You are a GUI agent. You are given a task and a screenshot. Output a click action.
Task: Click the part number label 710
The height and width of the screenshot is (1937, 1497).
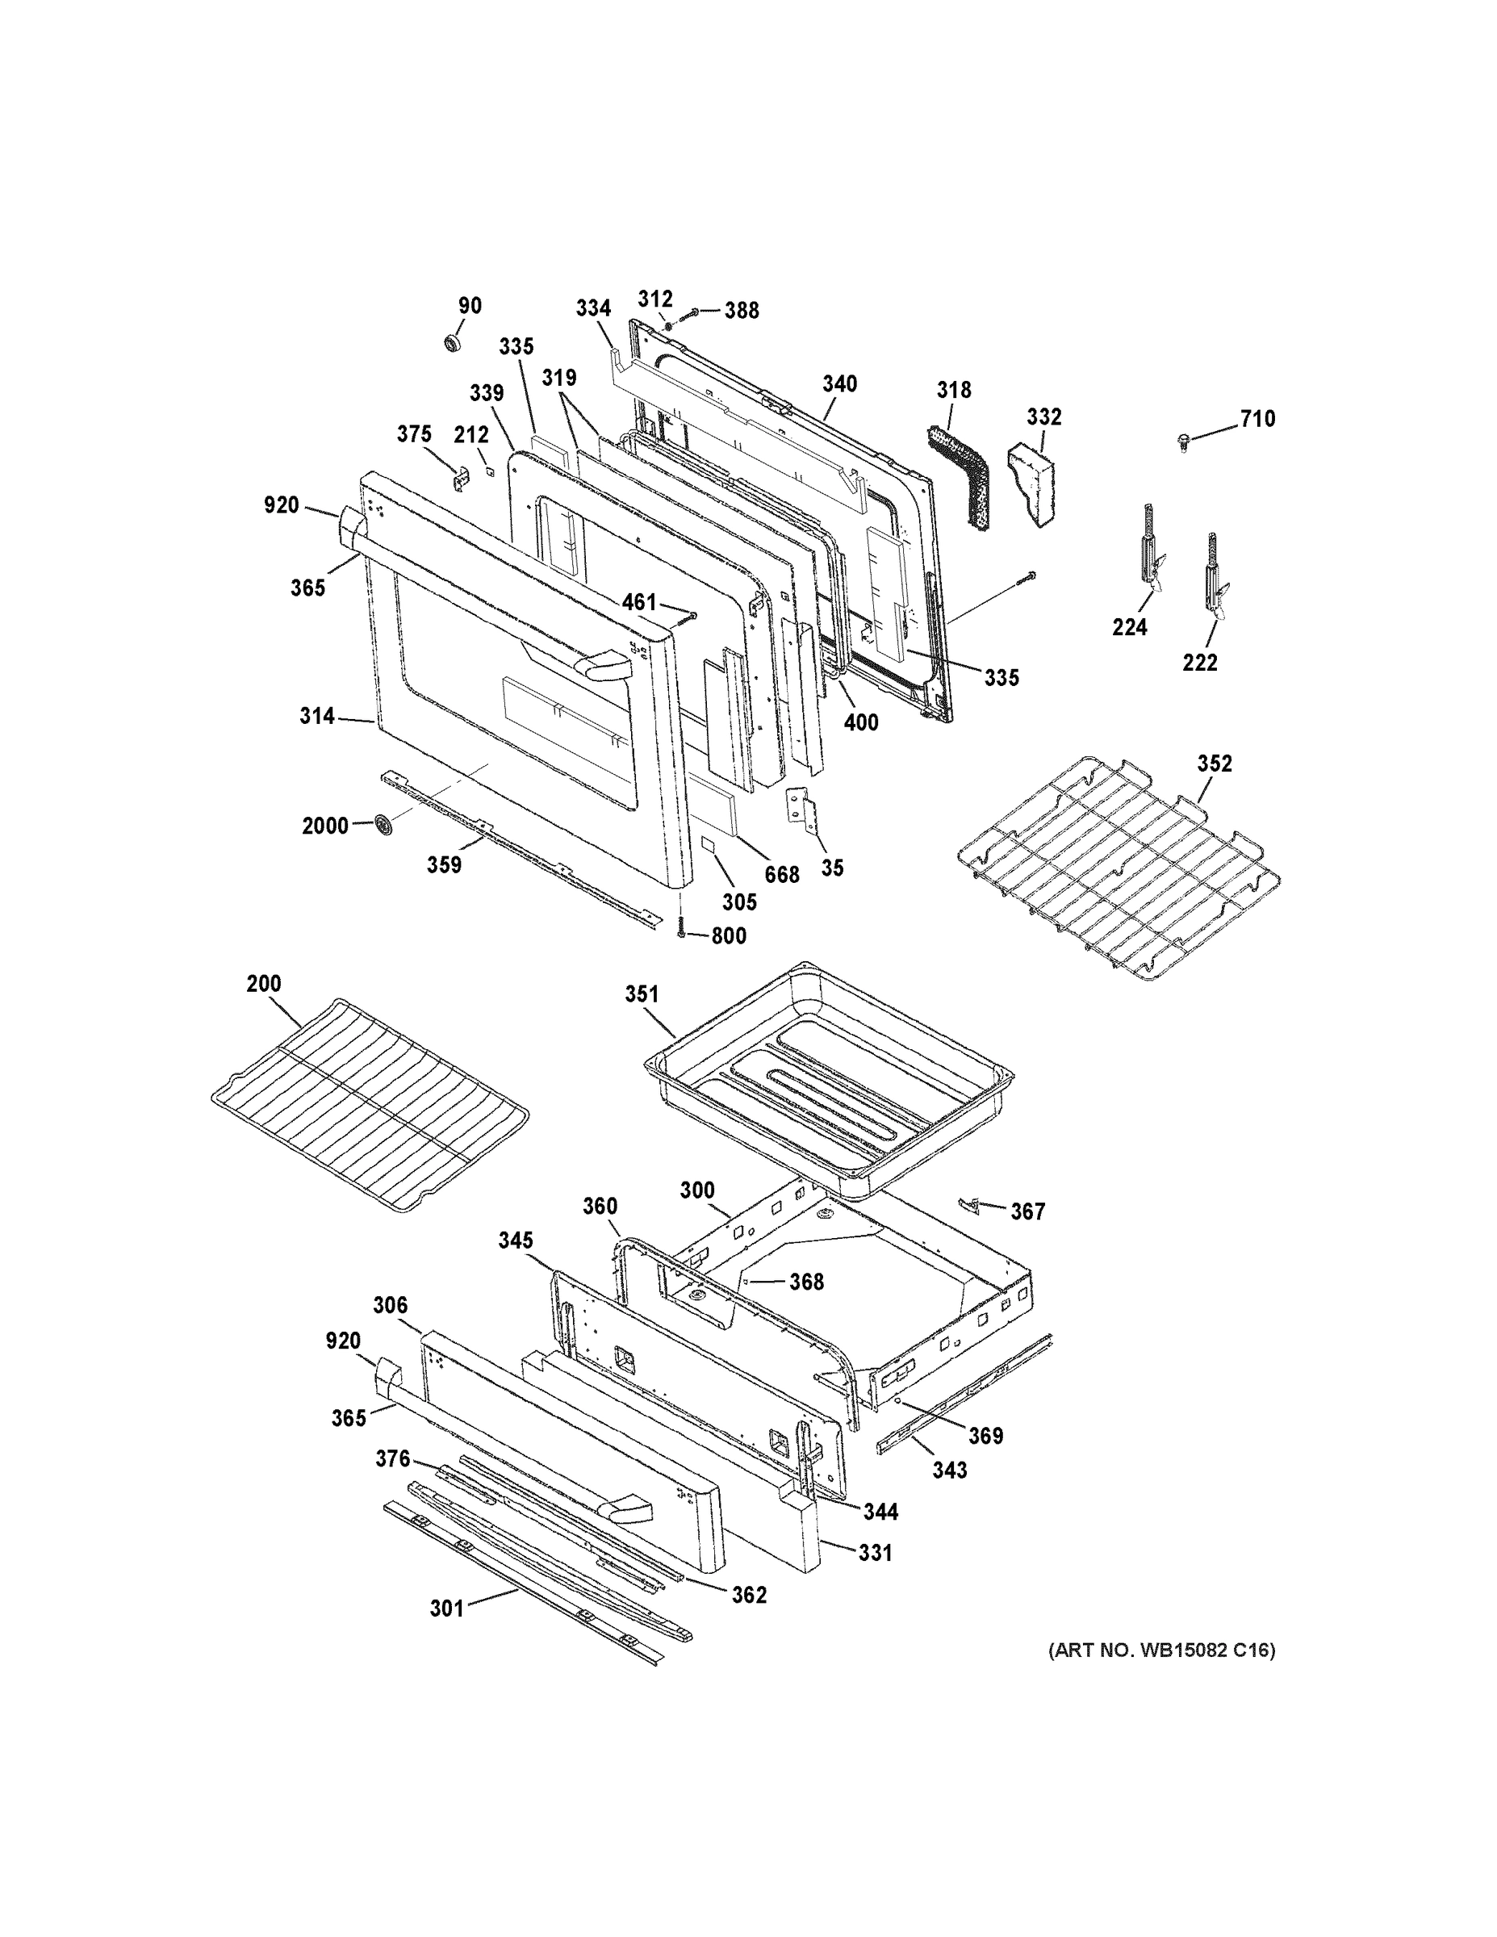point(1257,419)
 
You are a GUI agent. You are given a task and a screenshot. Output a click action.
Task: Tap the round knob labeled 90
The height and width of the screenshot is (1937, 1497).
point(454,343)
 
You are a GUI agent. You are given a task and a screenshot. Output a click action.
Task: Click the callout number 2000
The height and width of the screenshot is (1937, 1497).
point(324,826)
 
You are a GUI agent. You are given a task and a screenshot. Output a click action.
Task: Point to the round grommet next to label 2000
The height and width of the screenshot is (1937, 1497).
point(384,824)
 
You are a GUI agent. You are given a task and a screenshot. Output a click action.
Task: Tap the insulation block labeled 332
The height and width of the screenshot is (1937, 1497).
point(1033,483)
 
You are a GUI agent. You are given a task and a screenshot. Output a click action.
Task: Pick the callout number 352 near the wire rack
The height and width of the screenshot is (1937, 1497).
point(1214,763)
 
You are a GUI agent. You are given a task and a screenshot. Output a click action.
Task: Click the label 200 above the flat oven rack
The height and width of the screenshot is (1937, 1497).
point(263,983)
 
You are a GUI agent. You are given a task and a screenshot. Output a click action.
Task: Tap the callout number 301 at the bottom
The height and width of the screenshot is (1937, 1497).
point(447,1608)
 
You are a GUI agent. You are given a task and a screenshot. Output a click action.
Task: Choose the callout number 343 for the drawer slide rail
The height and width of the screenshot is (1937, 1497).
point(949,1470)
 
